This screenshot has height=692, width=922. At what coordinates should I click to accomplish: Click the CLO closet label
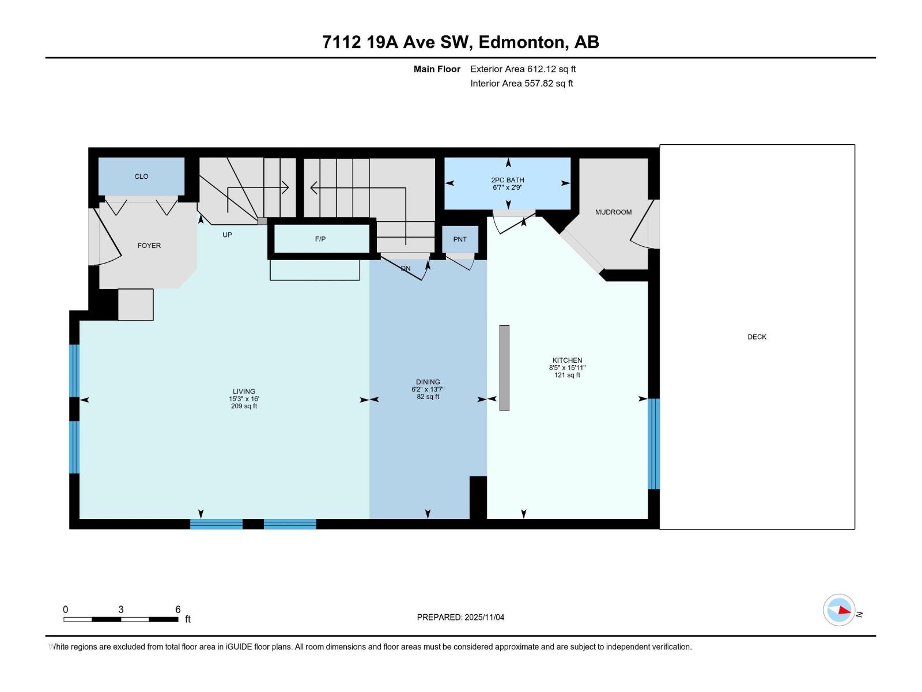click(x=141, y=176)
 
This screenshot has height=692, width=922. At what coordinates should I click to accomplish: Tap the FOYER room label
click(x=149, y=246)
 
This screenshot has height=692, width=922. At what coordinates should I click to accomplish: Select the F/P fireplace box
click(x=320, y=239)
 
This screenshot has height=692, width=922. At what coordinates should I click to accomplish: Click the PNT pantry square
click(x=460, y=239)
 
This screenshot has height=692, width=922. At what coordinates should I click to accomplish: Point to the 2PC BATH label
click(x=508, y=180)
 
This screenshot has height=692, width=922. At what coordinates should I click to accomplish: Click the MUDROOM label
click(x=613, y=212)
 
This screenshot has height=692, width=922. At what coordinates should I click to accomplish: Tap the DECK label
click(x=757, y=337)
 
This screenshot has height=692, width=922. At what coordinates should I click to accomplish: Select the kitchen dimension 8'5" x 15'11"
click(x=567, y=367)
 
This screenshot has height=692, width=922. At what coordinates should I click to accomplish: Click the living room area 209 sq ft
click(x=244, y=406)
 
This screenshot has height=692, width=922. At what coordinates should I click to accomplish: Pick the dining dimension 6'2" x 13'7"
click(x=428, y=389)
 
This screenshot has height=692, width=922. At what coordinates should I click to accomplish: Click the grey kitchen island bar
click(x=504, y=368)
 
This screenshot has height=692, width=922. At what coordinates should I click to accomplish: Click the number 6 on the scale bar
click(x=178, y=610)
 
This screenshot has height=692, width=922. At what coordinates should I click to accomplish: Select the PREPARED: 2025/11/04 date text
click(x=460, y=617)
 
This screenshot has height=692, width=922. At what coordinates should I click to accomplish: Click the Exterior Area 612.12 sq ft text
click(x=523, y=69)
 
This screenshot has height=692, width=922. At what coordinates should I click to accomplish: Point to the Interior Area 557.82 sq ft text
click(x=522, y=84)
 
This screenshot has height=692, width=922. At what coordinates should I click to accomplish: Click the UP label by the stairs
click(x=227, y=235)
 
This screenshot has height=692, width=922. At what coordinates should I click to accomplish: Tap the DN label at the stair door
click(x=406, y=268)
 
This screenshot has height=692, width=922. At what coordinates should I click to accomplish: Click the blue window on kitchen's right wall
click(x=653, y=443)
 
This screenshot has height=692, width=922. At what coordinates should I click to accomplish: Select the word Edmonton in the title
click(x=521, y=42)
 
